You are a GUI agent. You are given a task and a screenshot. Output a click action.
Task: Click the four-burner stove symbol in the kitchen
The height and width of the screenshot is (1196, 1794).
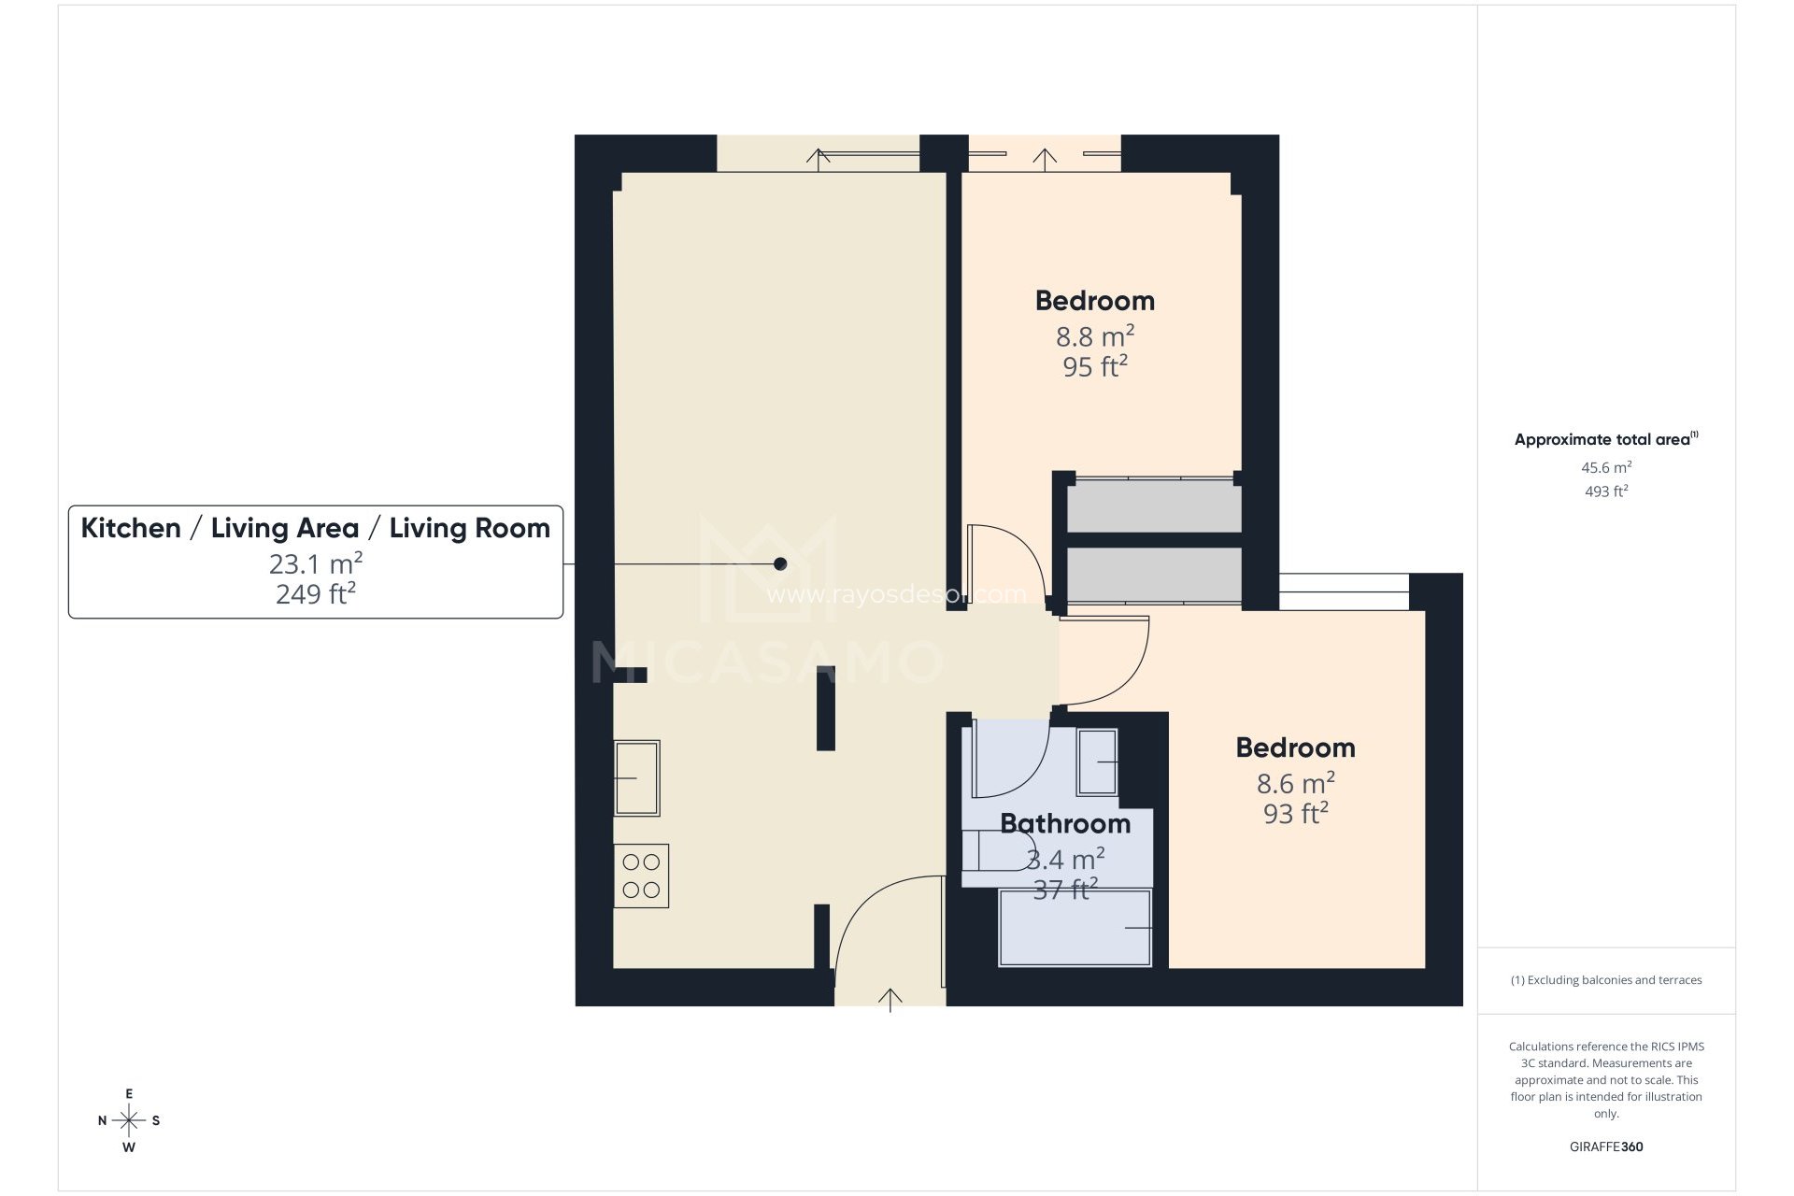tap(641, 876)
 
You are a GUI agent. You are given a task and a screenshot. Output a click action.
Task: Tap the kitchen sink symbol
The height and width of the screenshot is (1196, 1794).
tap(637, 777)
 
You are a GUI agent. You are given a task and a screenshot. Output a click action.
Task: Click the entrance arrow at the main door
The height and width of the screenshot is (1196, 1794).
tap(890, 1001)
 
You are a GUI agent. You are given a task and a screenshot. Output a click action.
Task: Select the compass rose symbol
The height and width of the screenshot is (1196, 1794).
tap(129, 1120)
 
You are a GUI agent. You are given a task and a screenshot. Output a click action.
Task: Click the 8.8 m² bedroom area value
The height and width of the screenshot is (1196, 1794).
tap(1095, 335)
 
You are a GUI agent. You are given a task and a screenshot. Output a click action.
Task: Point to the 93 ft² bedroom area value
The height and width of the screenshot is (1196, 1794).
tap(1295, 814)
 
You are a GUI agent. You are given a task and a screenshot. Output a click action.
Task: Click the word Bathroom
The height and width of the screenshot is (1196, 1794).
tap(1065, 824)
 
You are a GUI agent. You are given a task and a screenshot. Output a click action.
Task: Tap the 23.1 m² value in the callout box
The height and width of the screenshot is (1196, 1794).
tap(316, 563)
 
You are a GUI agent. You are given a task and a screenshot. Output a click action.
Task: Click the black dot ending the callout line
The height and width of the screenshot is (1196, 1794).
tap(780, 563)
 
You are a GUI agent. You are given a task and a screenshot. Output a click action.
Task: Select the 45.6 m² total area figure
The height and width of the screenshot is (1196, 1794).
tap(1606, 467)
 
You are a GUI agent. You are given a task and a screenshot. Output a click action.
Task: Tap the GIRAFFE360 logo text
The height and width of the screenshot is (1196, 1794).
tap(1606, 1146)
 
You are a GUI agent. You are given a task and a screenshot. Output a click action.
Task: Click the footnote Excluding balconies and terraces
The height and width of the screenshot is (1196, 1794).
tap(1606, 980)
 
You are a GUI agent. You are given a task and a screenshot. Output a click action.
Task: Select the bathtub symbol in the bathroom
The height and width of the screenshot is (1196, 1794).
tap(1075, 927)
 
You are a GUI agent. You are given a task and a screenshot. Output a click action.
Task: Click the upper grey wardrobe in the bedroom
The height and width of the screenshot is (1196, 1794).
tap(1154, 505)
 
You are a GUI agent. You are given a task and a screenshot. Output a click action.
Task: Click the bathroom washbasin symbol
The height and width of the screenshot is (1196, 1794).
tap(1098, 762)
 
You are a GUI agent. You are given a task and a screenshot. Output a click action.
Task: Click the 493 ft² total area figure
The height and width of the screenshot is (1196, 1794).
tap(1606, 491)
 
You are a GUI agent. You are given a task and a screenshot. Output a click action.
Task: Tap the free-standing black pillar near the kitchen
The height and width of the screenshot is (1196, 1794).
tap(825, 707)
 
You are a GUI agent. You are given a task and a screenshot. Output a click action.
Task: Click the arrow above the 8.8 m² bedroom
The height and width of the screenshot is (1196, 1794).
tap(1045, 158)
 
